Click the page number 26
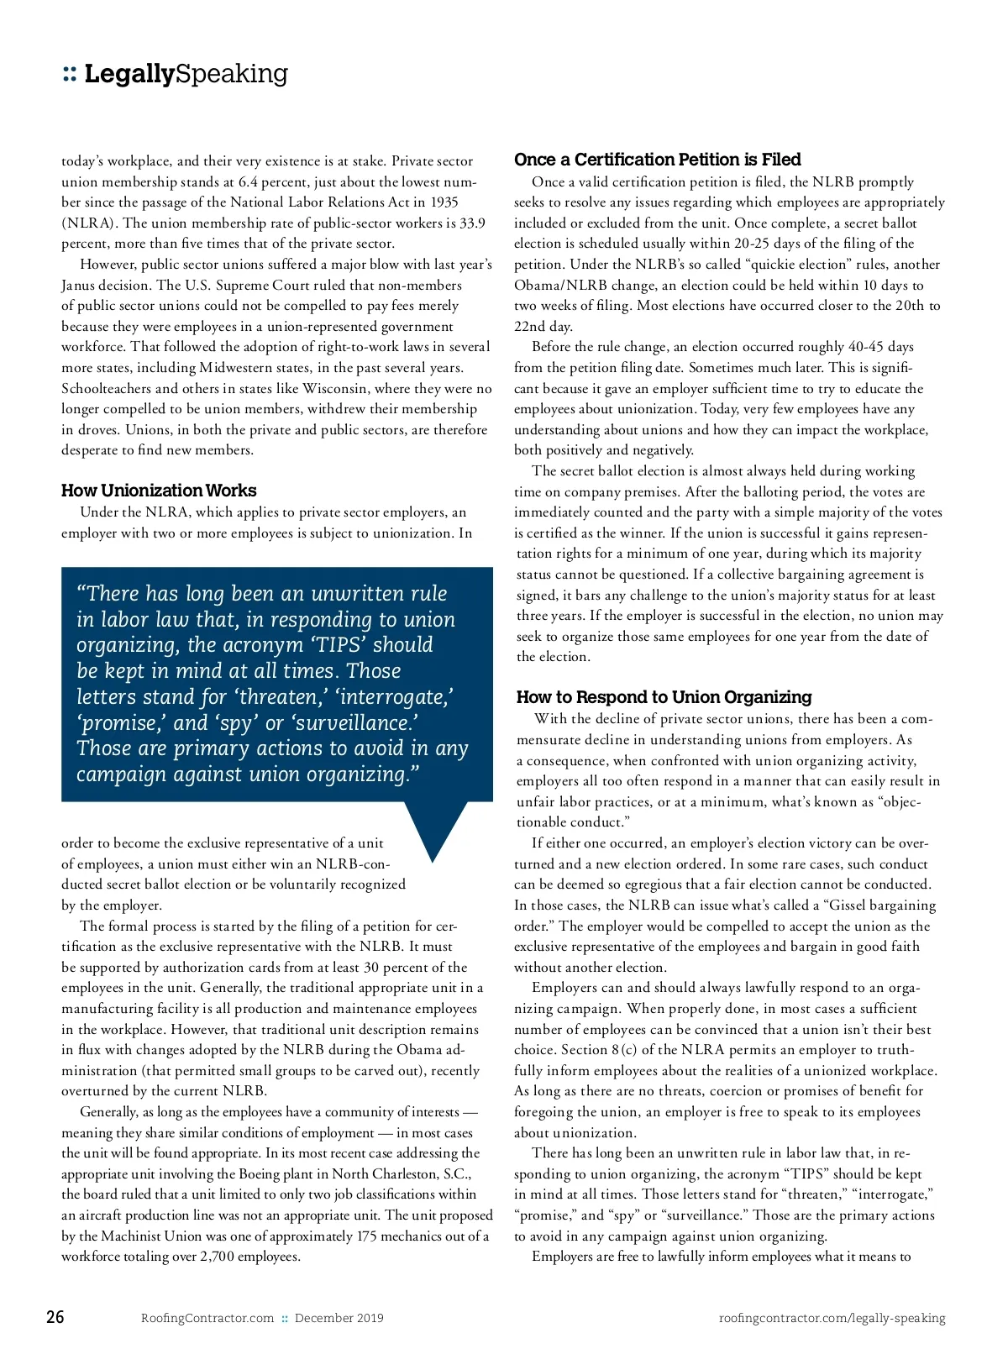pos(55,1316)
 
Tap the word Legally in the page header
pos(129,74)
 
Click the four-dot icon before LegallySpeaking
pos(70,75)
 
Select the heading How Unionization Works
pos(159,491)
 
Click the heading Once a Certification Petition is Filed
pos(657,160)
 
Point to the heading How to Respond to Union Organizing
pos(664,696)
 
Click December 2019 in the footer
pos(339,1318)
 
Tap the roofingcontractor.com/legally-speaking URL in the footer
pos(832,1318)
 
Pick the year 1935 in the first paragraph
pos(444,202)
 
